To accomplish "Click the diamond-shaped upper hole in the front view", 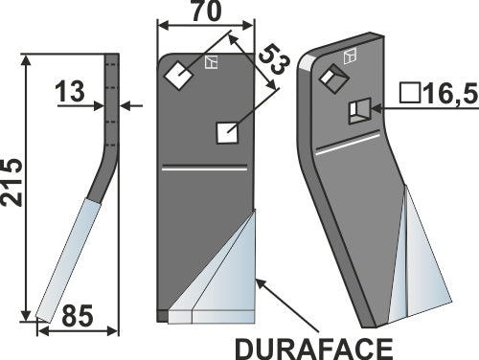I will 176,74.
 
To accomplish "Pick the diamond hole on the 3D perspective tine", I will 331,78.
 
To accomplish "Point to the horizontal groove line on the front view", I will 203,169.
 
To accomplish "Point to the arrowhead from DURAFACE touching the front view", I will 260,281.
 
